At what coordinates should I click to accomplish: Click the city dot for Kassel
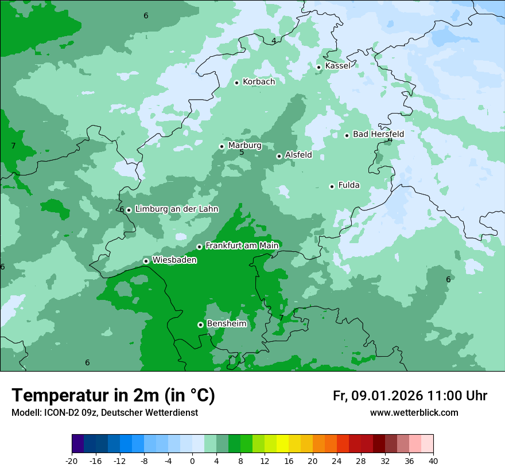[x=318, y=67]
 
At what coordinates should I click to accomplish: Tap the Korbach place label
[x=259, y=82]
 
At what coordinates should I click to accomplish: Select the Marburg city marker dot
[x=222, y=146]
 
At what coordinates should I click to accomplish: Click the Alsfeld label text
[x=298, y=155]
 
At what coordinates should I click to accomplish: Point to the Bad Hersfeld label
[x=378, y=134]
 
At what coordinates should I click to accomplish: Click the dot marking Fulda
[x=332, y=186]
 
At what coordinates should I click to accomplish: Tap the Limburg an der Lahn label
[x=176, y=209]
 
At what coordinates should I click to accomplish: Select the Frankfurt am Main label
[x=242, y=246]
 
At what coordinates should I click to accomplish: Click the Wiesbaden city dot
[x=146, y=261]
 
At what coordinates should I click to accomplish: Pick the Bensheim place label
[x=226, y=324]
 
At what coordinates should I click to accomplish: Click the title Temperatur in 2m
[x=113, y=396]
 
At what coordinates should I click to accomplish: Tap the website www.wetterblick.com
[x=414, y=413]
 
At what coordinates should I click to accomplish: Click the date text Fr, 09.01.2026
[x=378, y=396]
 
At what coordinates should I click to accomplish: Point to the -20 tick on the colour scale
[x=72, y=461]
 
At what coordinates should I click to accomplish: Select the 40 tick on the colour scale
[x=433, y=461]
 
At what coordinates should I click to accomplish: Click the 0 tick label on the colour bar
[x=192, y=461]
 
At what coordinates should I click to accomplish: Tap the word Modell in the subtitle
[x=25, y=413]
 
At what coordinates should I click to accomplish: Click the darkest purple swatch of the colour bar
[x=77, y=444]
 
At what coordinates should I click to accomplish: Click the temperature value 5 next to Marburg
[x=242, y=153]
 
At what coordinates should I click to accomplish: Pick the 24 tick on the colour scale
[x=337, y=461]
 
